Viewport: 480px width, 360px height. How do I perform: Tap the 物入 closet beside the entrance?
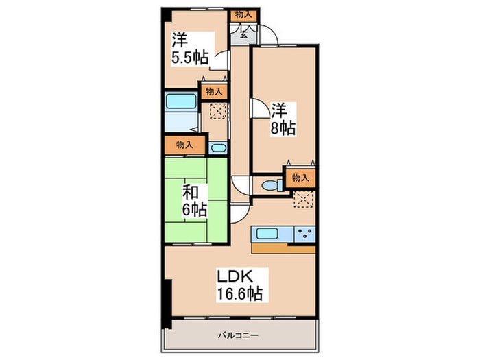pos(243,14)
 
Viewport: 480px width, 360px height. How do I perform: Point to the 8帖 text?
pos(282,128)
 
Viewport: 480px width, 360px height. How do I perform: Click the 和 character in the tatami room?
pos(190,190)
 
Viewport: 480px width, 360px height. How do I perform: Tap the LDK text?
pos(237,277)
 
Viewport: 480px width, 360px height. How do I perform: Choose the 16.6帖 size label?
pos(240,293)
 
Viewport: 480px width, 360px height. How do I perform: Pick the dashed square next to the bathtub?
pos(218,111)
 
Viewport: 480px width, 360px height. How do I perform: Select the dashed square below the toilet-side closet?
pos(302,199)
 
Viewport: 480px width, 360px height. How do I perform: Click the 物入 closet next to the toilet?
pos(300,178)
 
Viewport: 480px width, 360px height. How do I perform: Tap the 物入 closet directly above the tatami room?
pos(183,145)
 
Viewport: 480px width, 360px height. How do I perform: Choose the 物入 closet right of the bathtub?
pos(213,91)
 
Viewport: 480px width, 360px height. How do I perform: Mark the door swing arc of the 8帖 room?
pos(257,109)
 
